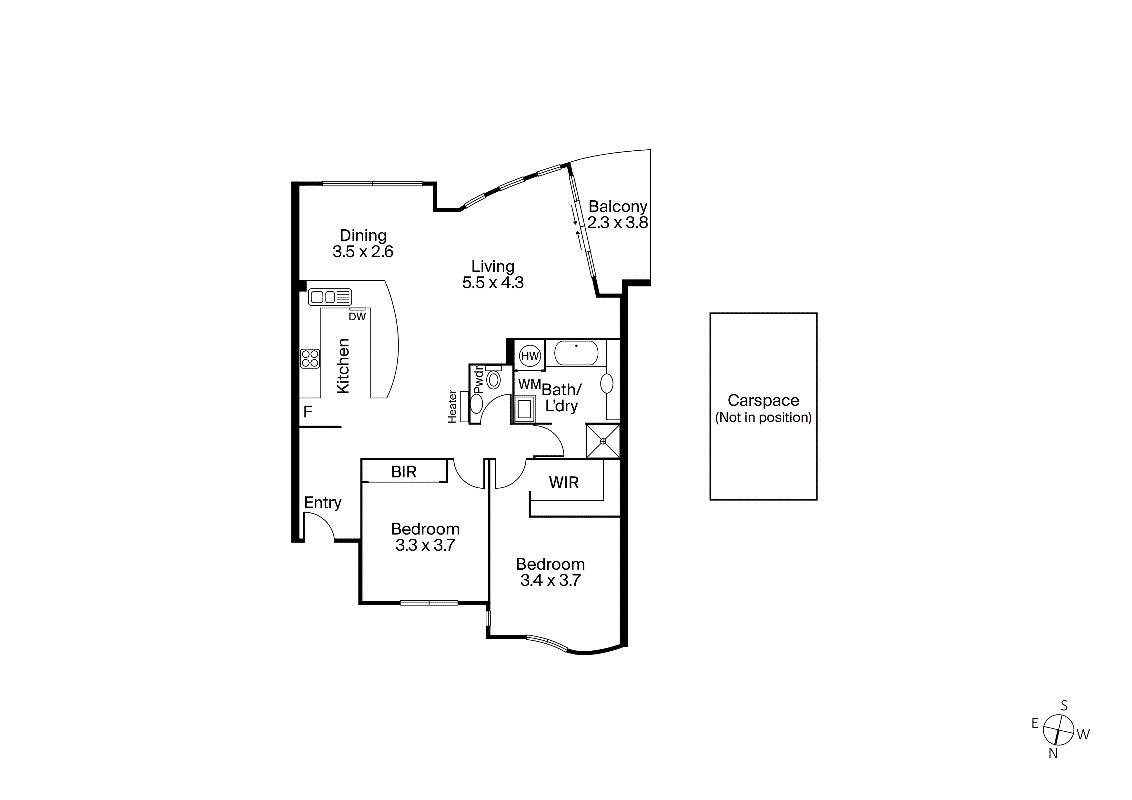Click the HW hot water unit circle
tap(530, 356)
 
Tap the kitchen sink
tap(330, 297)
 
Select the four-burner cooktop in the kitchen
tap(310, 358)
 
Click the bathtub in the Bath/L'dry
tap(576, 353)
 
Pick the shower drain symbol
tap(602, 441)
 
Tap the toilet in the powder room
tap(493, 380)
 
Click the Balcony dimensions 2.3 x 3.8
tap(617, 223)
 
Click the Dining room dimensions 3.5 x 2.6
tap(363, 252)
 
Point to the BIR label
tap(404, 472)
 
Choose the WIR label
tap(563, 483)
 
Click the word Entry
tap(322, 503)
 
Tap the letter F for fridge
tap(308, 412)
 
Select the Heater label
tap(452, 407)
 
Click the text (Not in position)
tap(763, 417)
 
